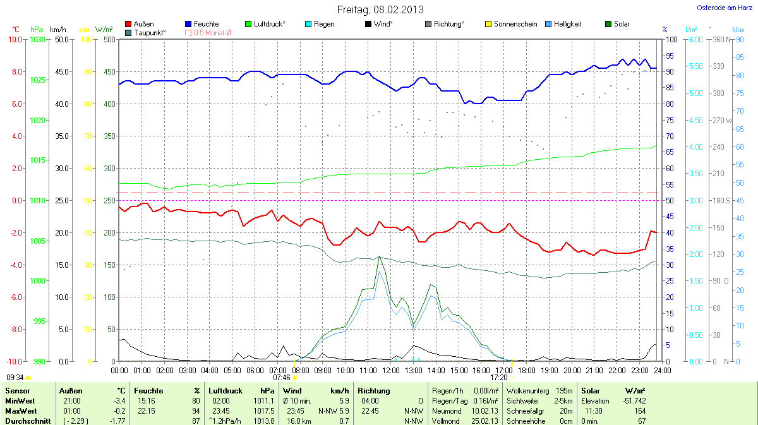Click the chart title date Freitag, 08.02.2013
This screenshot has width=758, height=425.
pyautogui.click(x=380, y=9)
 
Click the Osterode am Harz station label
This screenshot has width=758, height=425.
pyautogui.click(x=723, y=8)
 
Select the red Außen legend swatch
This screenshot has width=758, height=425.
pyautogui.click(x=129, y=24)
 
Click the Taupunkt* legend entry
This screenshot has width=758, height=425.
pyautogui.click(x=150, y=32)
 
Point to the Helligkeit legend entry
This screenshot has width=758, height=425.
pyautogui.click(x=563, y=24)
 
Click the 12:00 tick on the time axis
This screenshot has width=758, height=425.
pyautogui.click(x=391, y=369)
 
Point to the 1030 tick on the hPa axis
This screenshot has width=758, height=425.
pyautogui.click(x=38, y=39)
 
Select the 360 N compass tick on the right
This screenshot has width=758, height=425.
pyautogui.click(x=719, y=39)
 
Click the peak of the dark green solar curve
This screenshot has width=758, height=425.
pyautogui.click(x=379, y=256)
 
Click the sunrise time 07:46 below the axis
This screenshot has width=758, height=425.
pyautogui.click(x=281, y=377)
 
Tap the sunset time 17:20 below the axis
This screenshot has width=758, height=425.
pyautogui.click(x=498, y=377)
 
